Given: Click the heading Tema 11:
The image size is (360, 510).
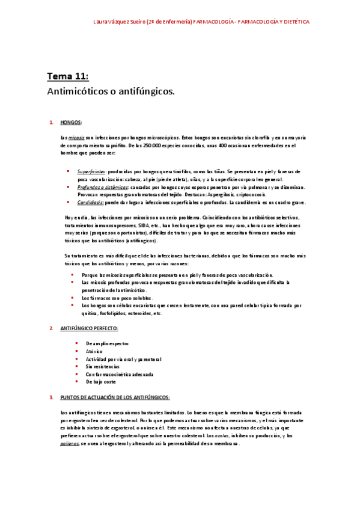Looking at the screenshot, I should (x=68, y=76).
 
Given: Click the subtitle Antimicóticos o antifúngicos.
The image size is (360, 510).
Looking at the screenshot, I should (x=111, y=91).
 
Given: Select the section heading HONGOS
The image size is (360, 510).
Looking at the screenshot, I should (x=71, y=123).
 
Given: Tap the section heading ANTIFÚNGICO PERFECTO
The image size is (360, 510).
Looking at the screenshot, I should (x=90, y=328).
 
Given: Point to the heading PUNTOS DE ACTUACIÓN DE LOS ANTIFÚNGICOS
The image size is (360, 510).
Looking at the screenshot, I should (x=115, y=397).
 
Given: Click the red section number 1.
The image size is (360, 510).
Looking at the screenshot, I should (x=51, y=123).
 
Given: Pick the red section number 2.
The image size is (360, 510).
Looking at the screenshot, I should (x=51, y=328).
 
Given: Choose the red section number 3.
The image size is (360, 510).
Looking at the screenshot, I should (x=51, y=397).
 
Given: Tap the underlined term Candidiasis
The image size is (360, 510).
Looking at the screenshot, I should (x=90, y=203).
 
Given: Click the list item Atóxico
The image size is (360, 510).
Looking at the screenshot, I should (x=95, y=351).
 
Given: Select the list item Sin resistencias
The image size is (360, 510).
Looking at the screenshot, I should (x=103, y=366).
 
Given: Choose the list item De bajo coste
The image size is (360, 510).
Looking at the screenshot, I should (x=100, y=381).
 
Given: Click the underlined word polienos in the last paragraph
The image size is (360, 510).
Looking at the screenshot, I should (x=70, y=443).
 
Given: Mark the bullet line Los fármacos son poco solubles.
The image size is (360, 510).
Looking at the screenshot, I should (x=117, y=298).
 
